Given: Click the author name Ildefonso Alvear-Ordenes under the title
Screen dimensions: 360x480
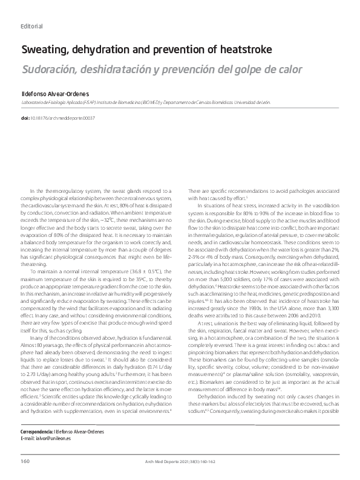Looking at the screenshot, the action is (x=56, y=95).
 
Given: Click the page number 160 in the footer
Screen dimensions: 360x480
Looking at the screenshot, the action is (x=25, y=462).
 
